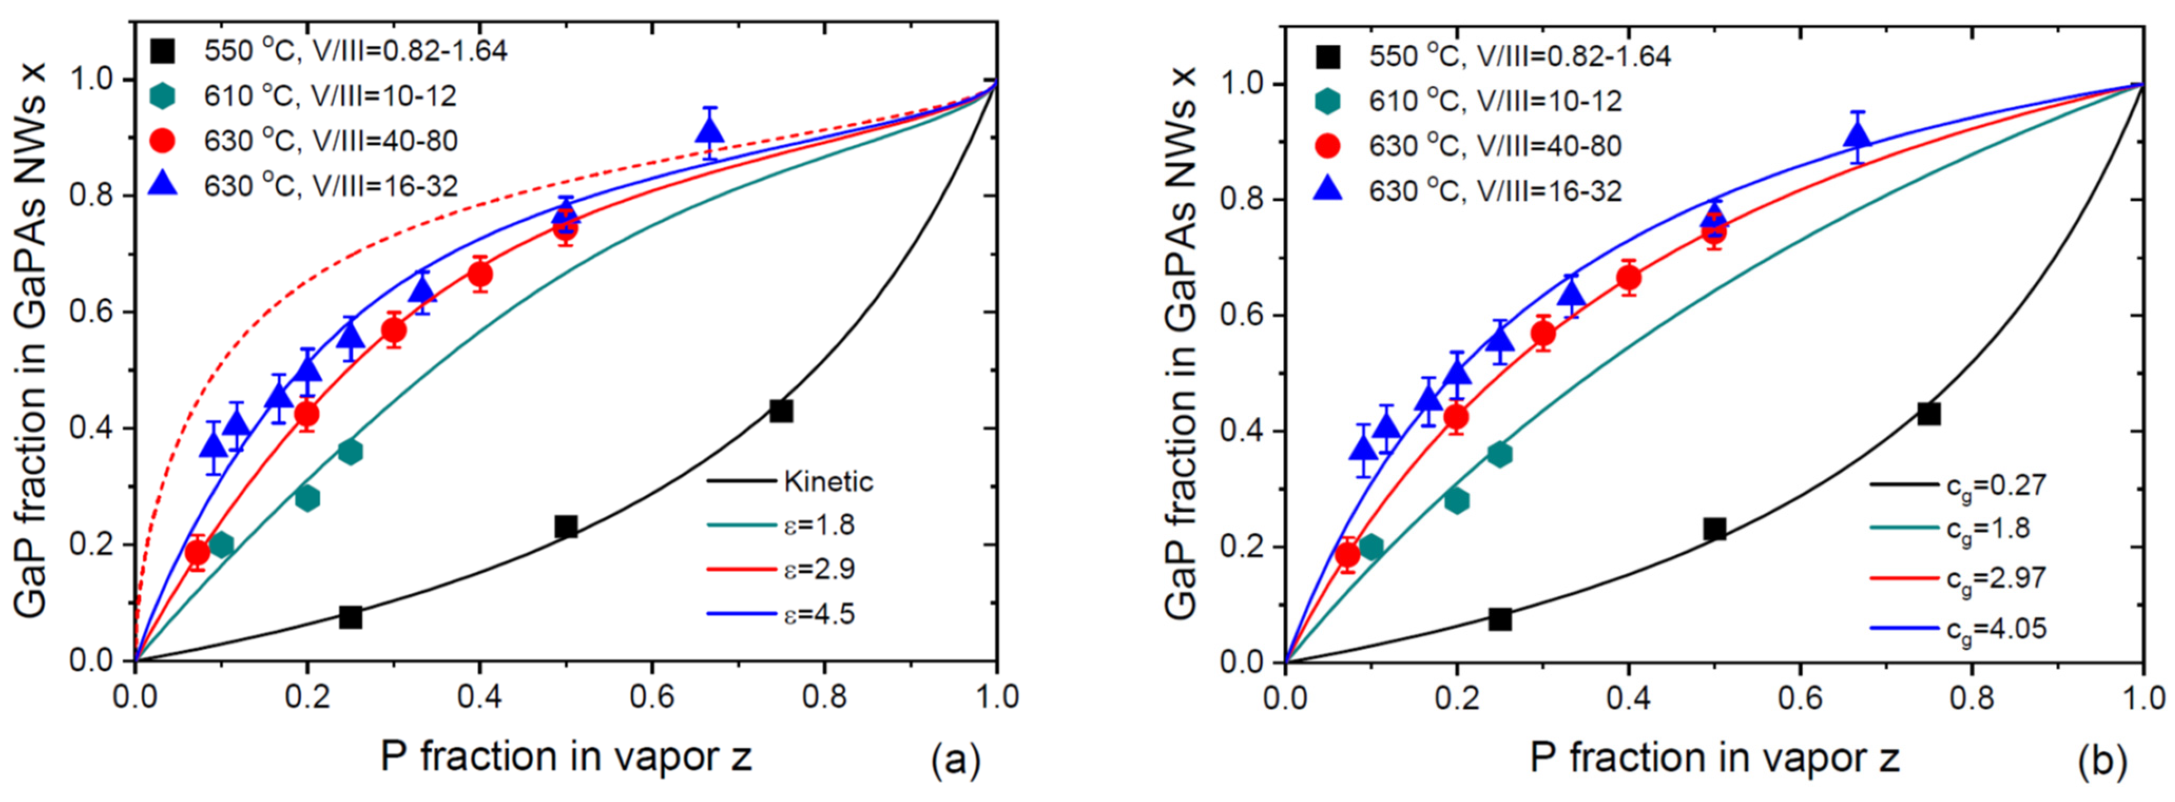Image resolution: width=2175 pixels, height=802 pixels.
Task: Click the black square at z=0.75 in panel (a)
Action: tap(781, 411)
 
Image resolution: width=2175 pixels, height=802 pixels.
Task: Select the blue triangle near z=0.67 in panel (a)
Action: tap(710, 130)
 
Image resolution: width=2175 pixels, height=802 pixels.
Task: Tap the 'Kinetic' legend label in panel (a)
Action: tap(827, 482)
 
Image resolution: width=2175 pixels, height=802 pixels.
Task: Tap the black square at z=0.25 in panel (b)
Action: tap(1500, 619)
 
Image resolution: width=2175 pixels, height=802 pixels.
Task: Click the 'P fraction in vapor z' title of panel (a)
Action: tap(566, 757)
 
